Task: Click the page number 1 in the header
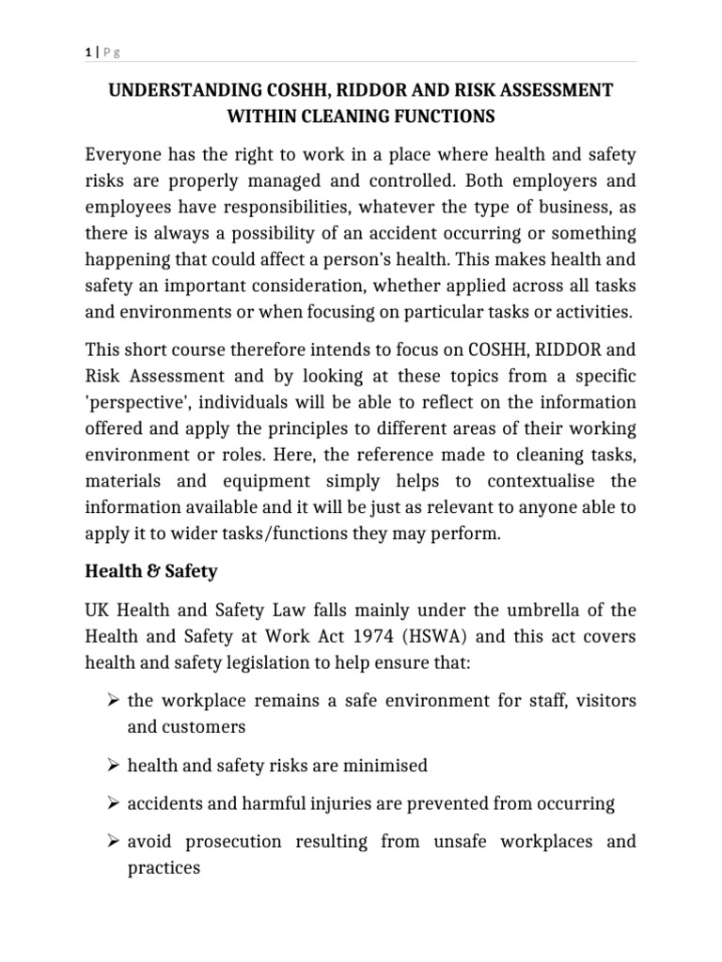tap(86, 54)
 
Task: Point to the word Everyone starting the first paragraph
tap(124, 154)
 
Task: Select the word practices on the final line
tap(165, 868)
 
